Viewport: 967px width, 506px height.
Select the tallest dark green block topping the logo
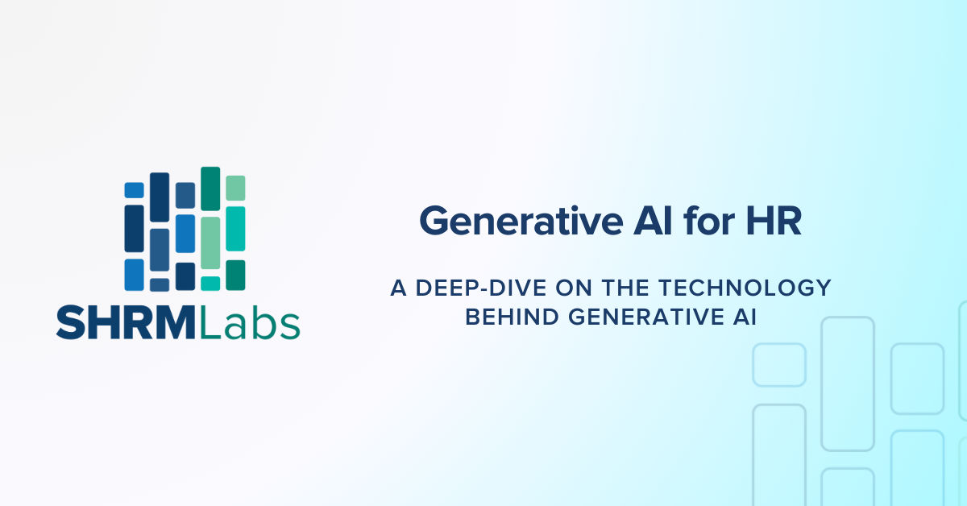pos(210,189)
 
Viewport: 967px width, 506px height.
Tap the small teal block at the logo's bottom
pos(210,283)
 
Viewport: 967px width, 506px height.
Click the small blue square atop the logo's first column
pos(134,190)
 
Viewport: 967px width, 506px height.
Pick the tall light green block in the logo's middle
pos(210,242)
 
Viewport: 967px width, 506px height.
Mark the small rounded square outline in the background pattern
pos(778,364)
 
